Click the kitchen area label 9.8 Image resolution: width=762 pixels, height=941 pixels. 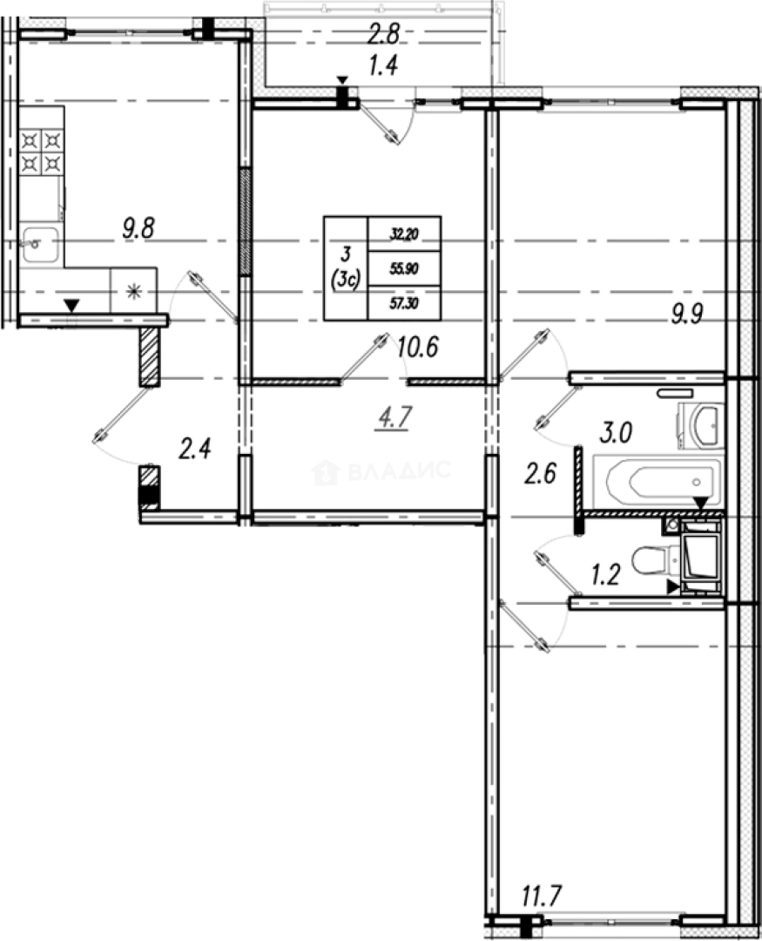[x=138, y=230]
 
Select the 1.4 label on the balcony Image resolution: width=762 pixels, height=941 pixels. [x=383, y=67]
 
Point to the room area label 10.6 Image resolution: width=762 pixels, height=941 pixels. [x=415, y=348]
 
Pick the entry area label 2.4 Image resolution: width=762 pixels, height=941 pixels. [x=195, y=450]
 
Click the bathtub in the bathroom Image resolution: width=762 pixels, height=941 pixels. [x=657, y=481]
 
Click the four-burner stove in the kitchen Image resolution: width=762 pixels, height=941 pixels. [x=42, y=150]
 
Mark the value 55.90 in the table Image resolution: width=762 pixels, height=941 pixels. [x=404, y=269]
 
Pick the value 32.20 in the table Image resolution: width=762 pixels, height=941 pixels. [x=404, y=234]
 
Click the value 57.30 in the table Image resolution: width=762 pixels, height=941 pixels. [x=404, y=304]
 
